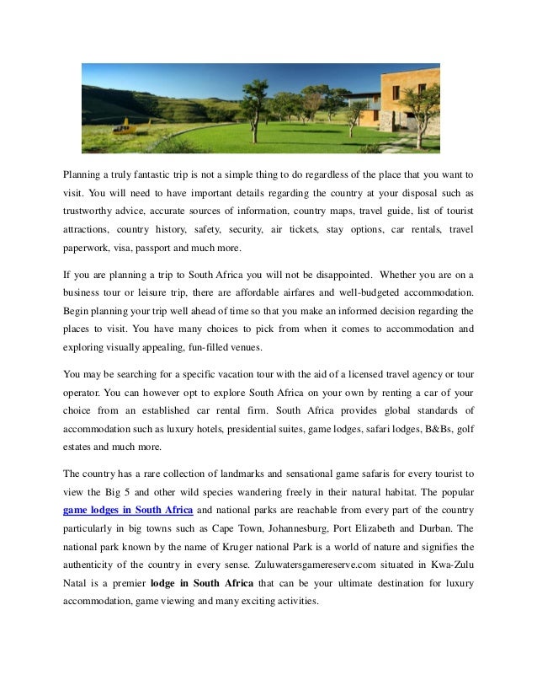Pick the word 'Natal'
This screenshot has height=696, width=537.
(77, 585)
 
